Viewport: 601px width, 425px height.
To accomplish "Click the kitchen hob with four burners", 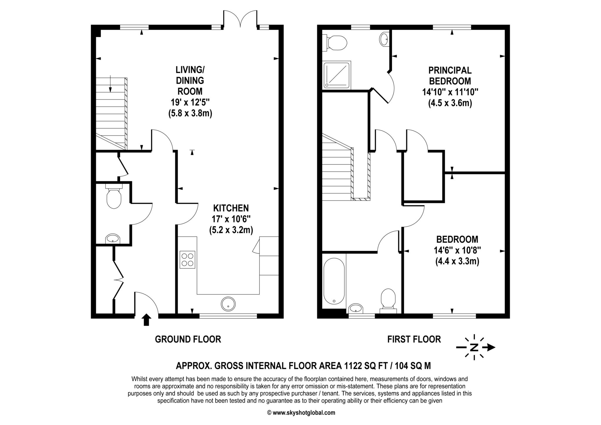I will (x=188, y=259).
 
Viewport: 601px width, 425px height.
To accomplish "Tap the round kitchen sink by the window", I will (x=228, y=304).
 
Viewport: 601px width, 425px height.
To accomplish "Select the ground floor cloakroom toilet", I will (x=114, y=197).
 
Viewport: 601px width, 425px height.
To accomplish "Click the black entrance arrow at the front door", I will (x=146, y=320).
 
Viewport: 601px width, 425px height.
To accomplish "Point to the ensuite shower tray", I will (x=337, y=75).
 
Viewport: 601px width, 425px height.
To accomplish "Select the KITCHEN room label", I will (x=231, y=208).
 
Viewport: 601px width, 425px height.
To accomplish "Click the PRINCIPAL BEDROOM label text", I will (x=450, y=75).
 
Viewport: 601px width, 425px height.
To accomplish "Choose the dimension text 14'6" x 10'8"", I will (x=457, y=250).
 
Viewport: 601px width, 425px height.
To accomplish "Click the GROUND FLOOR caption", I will (x=188, y=339).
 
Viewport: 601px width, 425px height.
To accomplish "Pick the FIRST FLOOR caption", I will (x=414, y=339).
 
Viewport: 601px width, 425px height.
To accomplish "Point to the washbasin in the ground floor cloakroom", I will (x=113, y=239).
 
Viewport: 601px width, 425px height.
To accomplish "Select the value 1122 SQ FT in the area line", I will (x=365, y=366).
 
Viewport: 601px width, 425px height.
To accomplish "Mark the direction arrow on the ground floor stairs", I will (x=110, y=83).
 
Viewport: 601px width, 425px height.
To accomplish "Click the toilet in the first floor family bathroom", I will (x=388, y=300).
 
